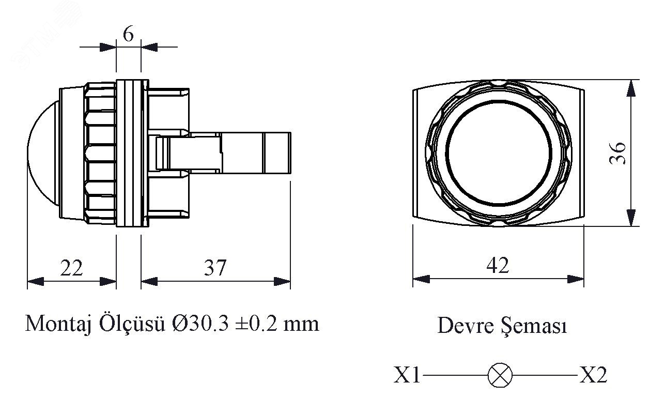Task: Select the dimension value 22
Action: pyautogui.click(x=71, y=268)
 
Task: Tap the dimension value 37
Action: pyautogui.click(x=214, y=268)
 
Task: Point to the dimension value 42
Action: pyautogui.click(x=498, y=265)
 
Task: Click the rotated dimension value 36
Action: pyautogui.click(x=618, y=153)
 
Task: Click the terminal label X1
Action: pyautogui.click(x=407, y=376)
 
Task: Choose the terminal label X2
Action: pyautogui.click(x=592, y=376)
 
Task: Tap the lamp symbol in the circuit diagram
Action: pyautogui.click(x=500, y=375)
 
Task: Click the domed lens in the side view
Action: pyautogui.click(x=41, y=153)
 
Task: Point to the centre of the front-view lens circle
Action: pyautogui.click(x=499, y=153)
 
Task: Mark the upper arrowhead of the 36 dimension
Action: pyautogui.click(x=630, y=88)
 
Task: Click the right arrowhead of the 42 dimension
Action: pyautogui.click(x=576, y=279)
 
